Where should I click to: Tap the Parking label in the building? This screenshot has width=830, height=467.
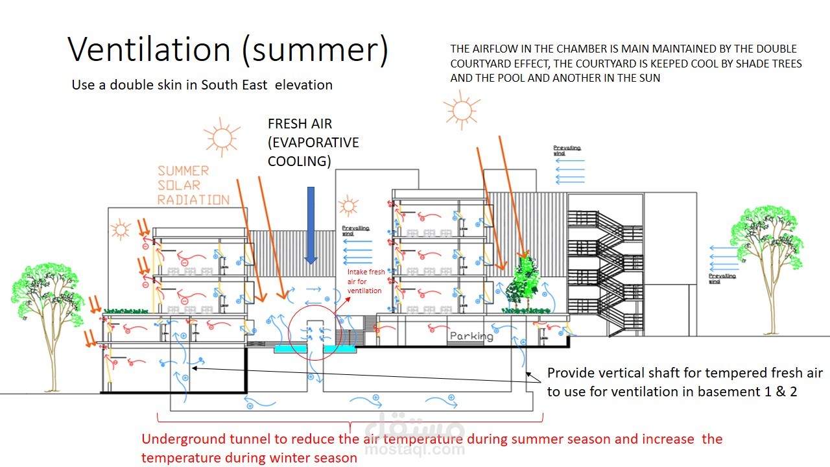[x=471, y=336]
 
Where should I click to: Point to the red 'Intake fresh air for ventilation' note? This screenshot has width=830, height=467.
[x=366, y=281]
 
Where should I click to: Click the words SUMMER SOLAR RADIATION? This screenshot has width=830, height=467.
[x=193, y=185]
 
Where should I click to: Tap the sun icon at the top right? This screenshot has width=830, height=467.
[x=462, y=110]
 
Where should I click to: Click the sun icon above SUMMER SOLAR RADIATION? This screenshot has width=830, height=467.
[x=222, y=137]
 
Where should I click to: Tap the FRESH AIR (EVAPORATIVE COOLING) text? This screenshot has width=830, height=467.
[x=313, y=143]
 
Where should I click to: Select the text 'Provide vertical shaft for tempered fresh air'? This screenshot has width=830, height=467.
[x=685, y=373]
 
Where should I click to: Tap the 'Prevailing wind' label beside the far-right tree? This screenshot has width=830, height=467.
[x=721, y=278]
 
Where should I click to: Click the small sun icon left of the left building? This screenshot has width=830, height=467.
[x=120, y=230]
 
